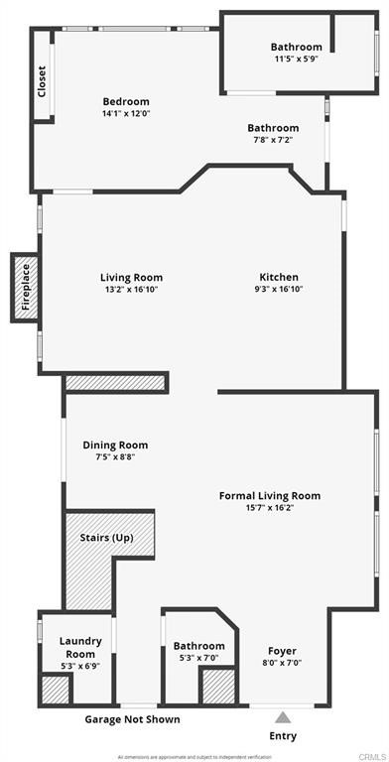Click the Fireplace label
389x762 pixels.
pyautogui.click(x=26, y=288)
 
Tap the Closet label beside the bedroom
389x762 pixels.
pyautogui.click(x=42, y=80)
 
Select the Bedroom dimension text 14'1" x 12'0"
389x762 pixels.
pyautogui.click(x=126, y=114)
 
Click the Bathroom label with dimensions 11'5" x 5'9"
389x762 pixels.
pyautogui.click(x=296, y=47)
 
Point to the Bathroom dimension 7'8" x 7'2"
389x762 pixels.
pyautogui.click(x=272, y=141)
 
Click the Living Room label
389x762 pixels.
pyautogui.click(x=131, y=278)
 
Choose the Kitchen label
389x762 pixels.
pyautogui.click(x=279, y=278)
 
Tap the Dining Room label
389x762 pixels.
pyautogui.click(x=114, y=445)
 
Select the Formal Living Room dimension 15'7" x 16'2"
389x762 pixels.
pyautogui.click(x=269, y=508)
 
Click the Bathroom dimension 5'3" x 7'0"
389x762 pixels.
pyautogui.click(x=198, y=659)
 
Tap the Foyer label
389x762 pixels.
pyautogui.click(x=282, y=651)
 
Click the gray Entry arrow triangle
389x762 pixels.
pyautogui.click(x=283, y=716)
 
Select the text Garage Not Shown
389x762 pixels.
pyautogui.click(x=133, y=719)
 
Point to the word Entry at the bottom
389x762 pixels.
pyautogui.click(x=283, y=736)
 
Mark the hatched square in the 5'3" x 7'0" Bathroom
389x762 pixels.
pyautogui.click(x=217, y=687)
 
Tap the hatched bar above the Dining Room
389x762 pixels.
pyautogui.click(x=115, y=383)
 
